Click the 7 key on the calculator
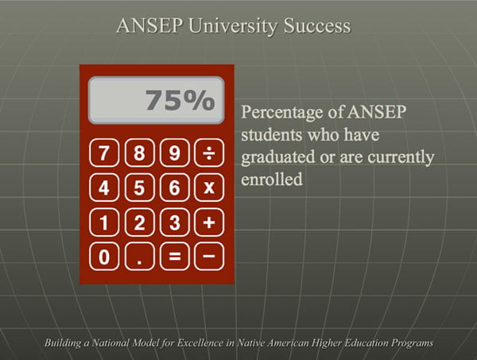click(104, 153)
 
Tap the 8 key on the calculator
click(140, 153)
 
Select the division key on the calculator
click(209, 153)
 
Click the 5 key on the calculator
click(140, 188)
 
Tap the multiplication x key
click(209, 188)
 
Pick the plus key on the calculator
click(209, 223)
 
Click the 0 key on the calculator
click(104, 257)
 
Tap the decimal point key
click(140, 257)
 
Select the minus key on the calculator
click(209, 257)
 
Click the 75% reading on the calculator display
click(180, 100)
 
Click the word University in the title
click(233, 26)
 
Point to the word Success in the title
click(317, 25)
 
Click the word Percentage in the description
click(282, 113)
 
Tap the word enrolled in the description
click(272, 179)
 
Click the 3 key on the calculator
click(175, 223)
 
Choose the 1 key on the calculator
click(104, 223)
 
